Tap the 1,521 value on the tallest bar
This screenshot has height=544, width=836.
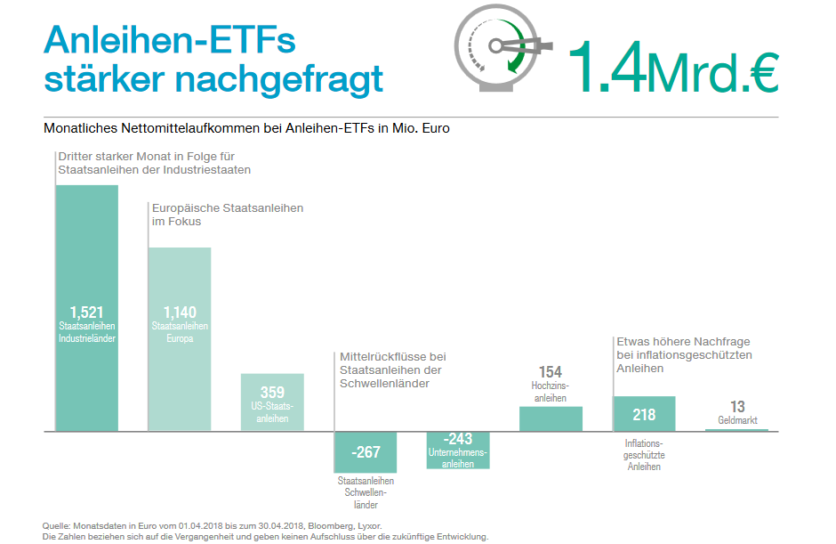click(86, 312)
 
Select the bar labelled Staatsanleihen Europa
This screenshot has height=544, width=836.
click(180, 356)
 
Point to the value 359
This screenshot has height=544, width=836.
click(272, 392)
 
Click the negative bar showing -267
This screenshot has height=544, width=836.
click(366, 452)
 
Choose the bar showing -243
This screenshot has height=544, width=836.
click(458, 450)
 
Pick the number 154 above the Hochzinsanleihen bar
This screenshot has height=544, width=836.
click(551, 372)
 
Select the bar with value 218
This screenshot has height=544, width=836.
click(644, 414)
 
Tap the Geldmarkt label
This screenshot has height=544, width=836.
click(737, 420)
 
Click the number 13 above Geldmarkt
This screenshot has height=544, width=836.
click(737, 407)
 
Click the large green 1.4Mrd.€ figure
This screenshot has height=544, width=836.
click(672, 68)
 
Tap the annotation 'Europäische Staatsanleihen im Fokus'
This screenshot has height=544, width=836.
click(228, 215)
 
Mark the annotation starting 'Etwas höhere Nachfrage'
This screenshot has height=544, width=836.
click(685, 354)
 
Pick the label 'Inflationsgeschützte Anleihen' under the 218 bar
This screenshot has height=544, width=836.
click(644, 454)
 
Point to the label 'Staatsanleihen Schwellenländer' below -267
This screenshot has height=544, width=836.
click(366, 491)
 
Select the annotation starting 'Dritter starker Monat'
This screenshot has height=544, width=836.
click(155, 162)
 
